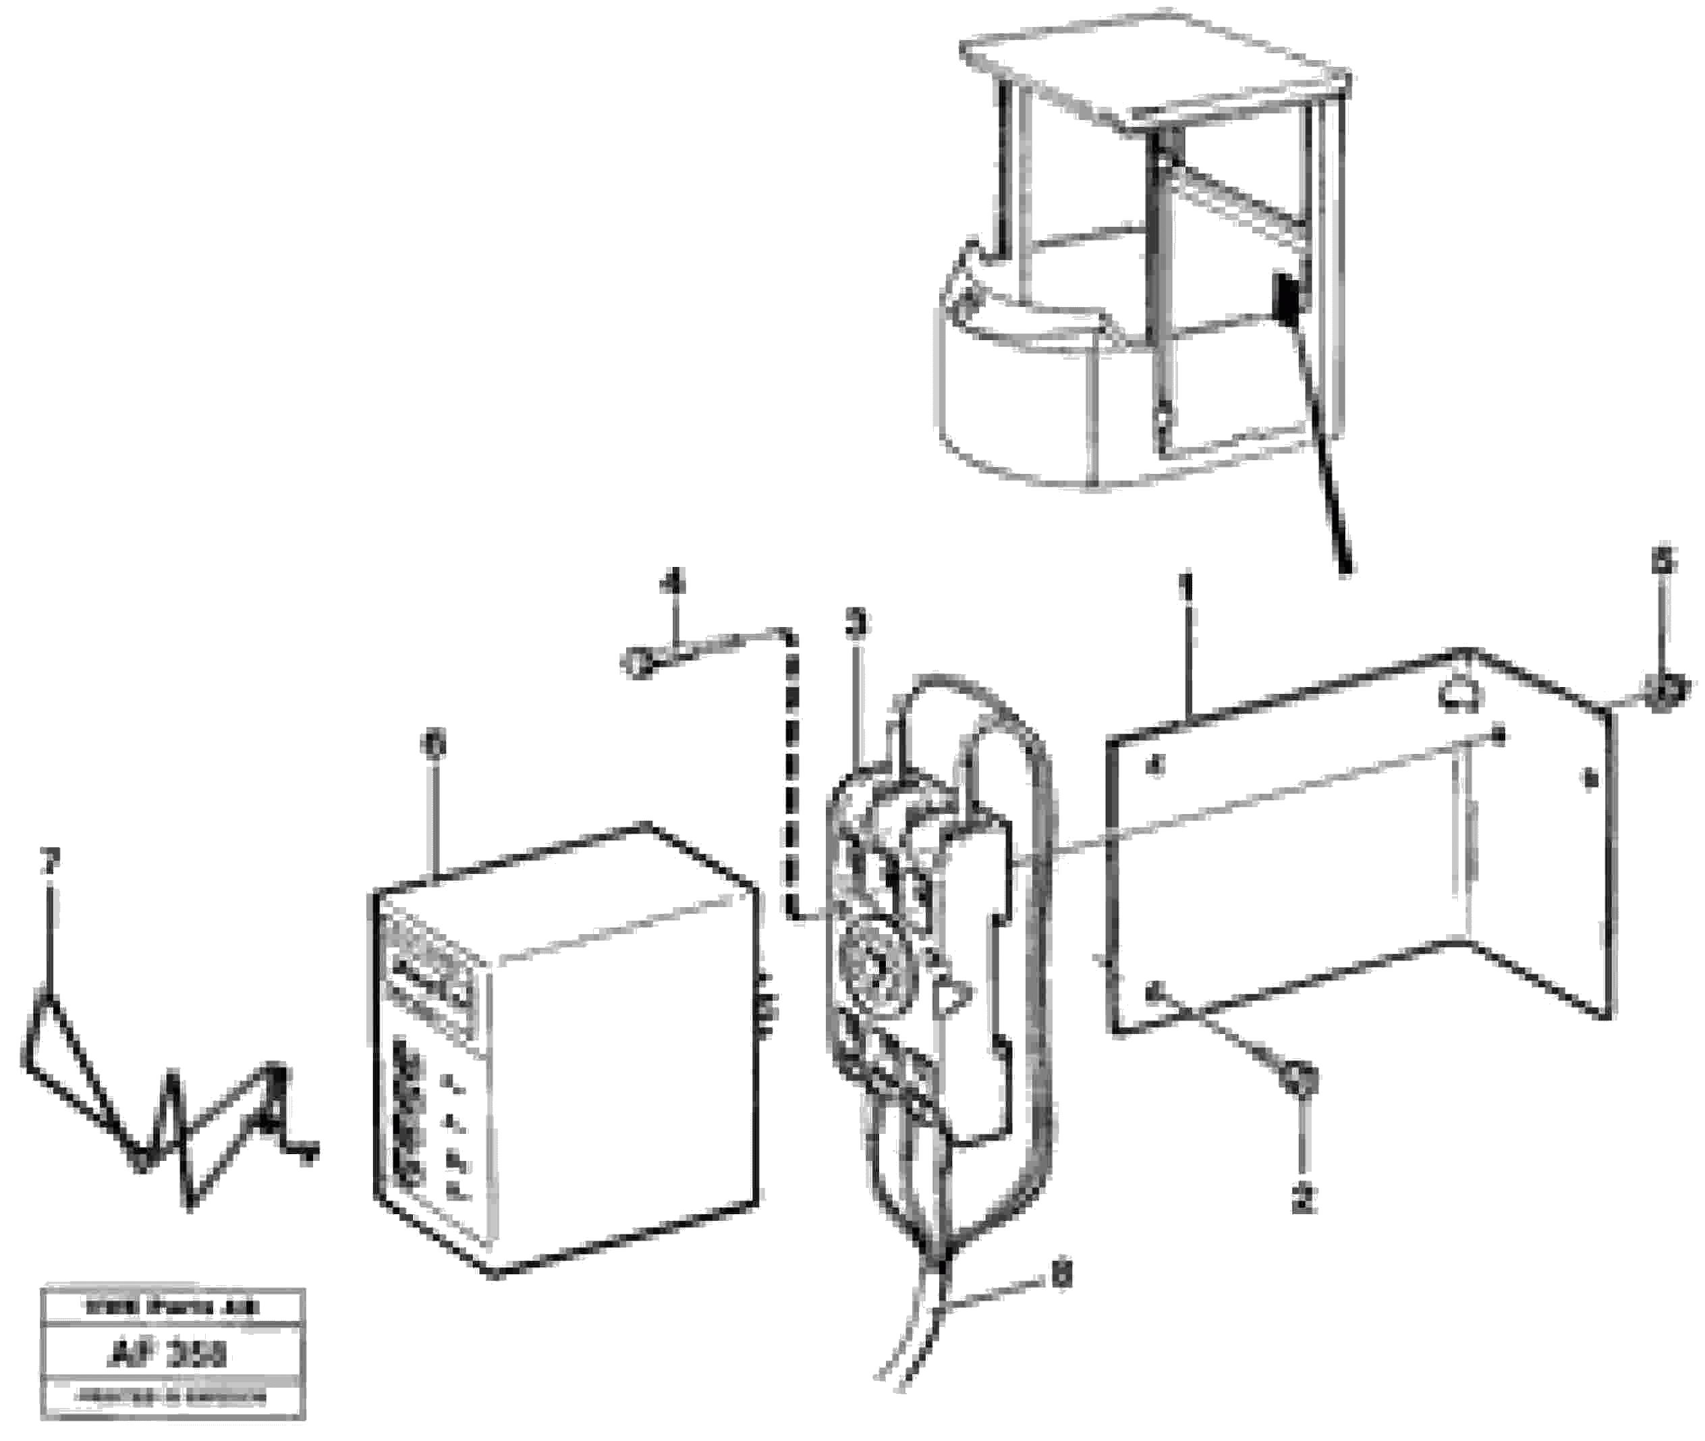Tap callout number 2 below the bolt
coord(1304,1200)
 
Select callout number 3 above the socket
coord(855,626)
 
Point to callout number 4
coord(673,582)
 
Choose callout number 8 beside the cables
coord(1059,1274)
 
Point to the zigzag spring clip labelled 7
coord(163,1119)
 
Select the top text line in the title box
coord(172,1308)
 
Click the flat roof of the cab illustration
coord(1151,74)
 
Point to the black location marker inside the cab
coord(1285,298)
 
